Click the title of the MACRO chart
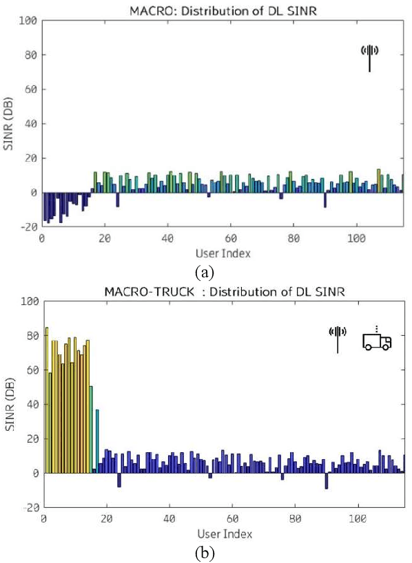(223, 10)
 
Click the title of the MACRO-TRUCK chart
(223, 292)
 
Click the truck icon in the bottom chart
(377, 341)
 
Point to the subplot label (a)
(204, 273)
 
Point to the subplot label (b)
(205, 553)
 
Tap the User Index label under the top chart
(223, 253)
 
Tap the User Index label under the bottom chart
(223, 533)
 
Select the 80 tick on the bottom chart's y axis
(30, 336)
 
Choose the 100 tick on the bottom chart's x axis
(358, 520)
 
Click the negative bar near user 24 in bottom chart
(119, 480)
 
